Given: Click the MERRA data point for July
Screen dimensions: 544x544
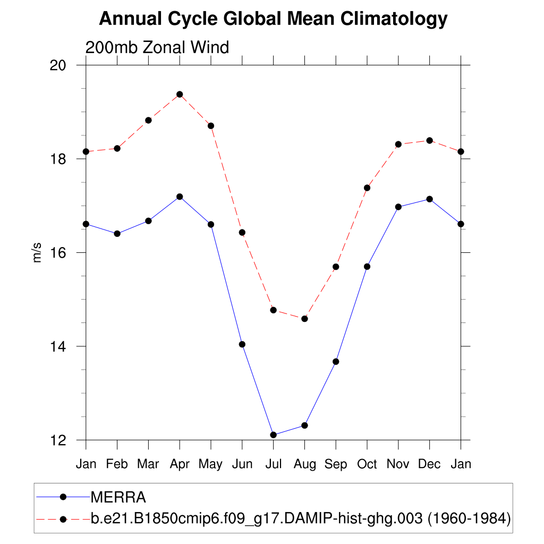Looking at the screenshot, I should [x=273, y=435].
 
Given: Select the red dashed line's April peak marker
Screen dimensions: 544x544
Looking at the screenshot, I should [x=180, y=95].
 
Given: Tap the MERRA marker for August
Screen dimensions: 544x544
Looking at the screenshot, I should [x=304, y=426].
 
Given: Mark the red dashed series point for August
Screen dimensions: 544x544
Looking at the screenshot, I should [x=304, y=319].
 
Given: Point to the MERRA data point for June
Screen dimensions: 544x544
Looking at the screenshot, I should [x=242, y=344].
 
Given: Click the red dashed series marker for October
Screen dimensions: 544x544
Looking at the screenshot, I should [x=367, y=188].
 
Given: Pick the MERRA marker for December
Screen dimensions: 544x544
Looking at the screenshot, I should [x=429, y=199].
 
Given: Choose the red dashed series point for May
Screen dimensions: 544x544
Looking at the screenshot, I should [x=211, y=126].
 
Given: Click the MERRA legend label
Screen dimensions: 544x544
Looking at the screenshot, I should [x=118, y=497].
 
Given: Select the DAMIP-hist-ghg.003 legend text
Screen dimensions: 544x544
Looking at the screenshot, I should [x=301, y=518].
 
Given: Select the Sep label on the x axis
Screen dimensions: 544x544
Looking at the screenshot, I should [x=336, y=464].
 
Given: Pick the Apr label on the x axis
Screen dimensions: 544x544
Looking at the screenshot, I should [x=180, y=464].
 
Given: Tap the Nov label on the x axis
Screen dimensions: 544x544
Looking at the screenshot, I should [x=398, y=464].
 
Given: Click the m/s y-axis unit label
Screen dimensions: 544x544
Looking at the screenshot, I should [x=37, y=253].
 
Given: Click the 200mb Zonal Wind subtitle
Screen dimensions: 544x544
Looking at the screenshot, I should [x=157, y=48].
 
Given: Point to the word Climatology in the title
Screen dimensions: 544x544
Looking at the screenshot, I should [x=394, y=19].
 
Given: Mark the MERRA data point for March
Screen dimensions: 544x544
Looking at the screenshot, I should [x=148, y=220].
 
